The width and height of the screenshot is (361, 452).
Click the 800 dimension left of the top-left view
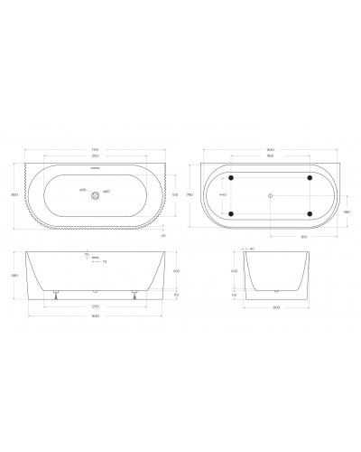[x=14, y=193]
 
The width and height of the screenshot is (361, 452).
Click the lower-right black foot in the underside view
[x=310, y=213]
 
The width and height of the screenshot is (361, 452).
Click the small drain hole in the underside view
[x=272, y=194]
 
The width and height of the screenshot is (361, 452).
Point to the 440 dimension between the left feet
[x=223, y=194]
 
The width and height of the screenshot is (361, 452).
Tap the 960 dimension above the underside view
[x=271, y=156]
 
